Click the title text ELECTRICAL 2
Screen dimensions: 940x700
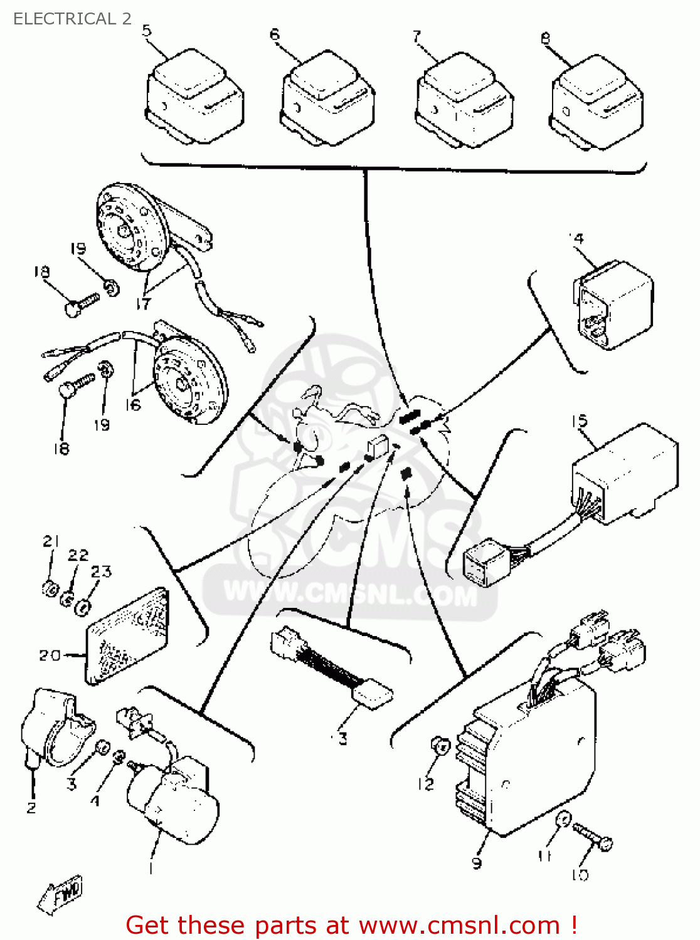click(x=72, y=19)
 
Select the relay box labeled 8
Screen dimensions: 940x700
click(x=597, y=103)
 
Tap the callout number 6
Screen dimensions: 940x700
click(x=275, y=35)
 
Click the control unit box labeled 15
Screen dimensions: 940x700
click(x=624, y=473)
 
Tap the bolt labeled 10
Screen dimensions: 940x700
click(x=592, y=837)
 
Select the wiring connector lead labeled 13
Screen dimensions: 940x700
click(x=332, y=667)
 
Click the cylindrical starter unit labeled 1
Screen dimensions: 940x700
click(x=172, y=802)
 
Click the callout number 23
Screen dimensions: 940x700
click(x=101, y=572)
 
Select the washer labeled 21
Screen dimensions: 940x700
click(x=50, y=588)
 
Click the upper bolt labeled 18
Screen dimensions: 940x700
click(x=82, y=305)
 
